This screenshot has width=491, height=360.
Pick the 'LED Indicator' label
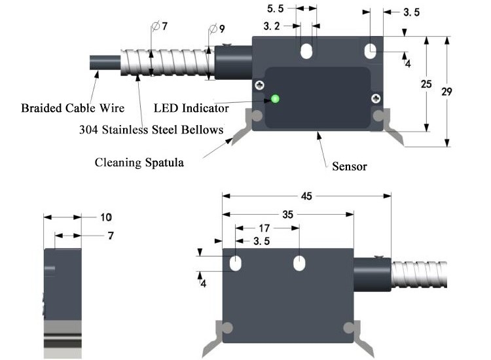point(191,107)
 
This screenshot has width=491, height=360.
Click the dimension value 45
point(306,196)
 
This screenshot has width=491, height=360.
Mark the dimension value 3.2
point(272,27)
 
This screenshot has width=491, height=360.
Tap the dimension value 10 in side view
point(106,217)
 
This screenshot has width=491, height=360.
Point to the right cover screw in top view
point(376,98)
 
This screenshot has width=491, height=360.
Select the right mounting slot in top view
point(371,51)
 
